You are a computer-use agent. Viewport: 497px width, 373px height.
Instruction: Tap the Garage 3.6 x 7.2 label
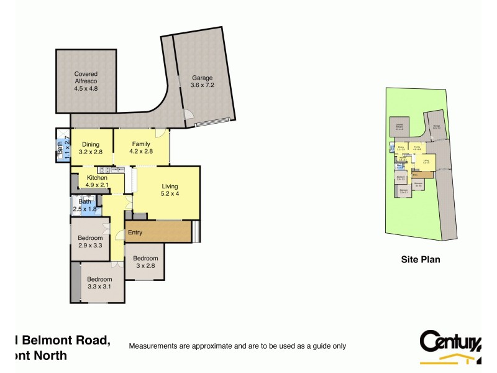point(202,81)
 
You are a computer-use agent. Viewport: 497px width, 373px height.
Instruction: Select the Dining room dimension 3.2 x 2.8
point(91,151)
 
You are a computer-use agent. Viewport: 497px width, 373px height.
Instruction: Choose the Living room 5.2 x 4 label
point(170,190)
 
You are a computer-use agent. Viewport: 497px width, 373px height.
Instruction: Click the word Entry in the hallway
point(135,233)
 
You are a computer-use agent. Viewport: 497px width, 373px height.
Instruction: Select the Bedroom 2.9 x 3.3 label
point(90,241)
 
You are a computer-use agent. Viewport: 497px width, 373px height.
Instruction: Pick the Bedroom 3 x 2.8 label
point(145,262)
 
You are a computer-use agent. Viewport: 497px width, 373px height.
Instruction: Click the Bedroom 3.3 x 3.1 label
point(99,283)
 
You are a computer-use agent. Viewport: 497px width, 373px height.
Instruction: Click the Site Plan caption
point(419,260)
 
